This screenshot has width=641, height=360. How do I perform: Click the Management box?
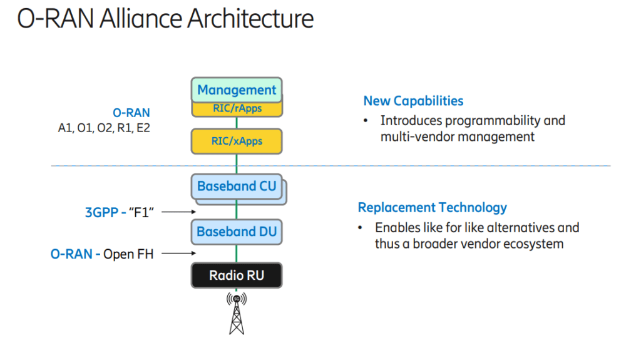point(237,90)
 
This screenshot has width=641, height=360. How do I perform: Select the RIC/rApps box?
point(237,109)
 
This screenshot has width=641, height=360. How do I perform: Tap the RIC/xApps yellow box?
point(237,141)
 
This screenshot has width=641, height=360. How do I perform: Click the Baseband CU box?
point(236,187)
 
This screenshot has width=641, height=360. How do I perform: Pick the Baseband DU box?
point(236,232)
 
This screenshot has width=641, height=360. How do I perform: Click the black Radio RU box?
point(236,275)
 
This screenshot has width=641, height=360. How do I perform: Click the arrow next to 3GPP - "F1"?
point(178,213)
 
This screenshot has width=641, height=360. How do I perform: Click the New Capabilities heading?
point(413,101)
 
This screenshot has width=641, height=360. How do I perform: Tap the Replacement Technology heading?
point(432,207)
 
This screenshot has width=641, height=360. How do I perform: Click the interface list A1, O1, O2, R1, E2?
point(104,128)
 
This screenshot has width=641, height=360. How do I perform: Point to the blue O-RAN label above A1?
point(131,113)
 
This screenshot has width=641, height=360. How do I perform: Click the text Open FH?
point(128,254)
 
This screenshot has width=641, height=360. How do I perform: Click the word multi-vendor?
point(418,136)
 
